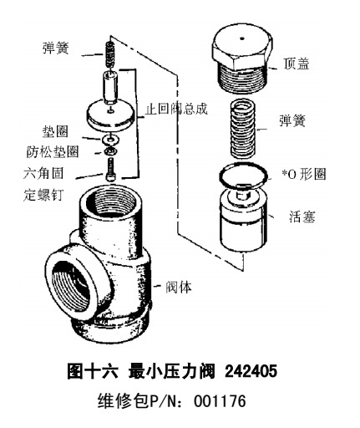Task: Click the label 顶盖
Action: (297, 64)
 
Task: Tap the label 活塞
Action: (302, 217)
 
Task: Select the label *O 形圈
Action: (304, 175)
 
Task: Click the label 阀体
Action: (179, 287)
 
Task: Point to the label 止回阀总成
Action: (176, 109)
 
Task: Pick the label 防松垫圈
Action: (53, 152)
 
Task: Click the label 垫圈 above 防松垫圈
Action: (55, 131)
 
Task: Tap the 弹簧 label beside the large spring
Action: (292, 120)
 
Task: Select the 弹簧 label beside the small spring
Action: (55, 48)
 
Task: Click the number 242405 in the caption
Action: (251, 371)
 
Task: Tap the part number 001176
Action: (220, 401)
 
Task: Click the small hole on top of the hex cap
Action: (242, 38)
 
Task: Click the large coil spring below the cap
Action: (243, 129)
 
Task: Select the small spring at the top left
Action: (110, 55)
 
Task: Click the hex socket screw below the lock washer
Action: (110, 169)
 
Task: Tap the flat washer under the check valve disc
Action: (111, 140)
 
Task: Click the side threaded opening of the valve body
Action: (72, 287)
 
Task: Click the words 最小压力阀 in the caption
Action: (172, 371)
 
